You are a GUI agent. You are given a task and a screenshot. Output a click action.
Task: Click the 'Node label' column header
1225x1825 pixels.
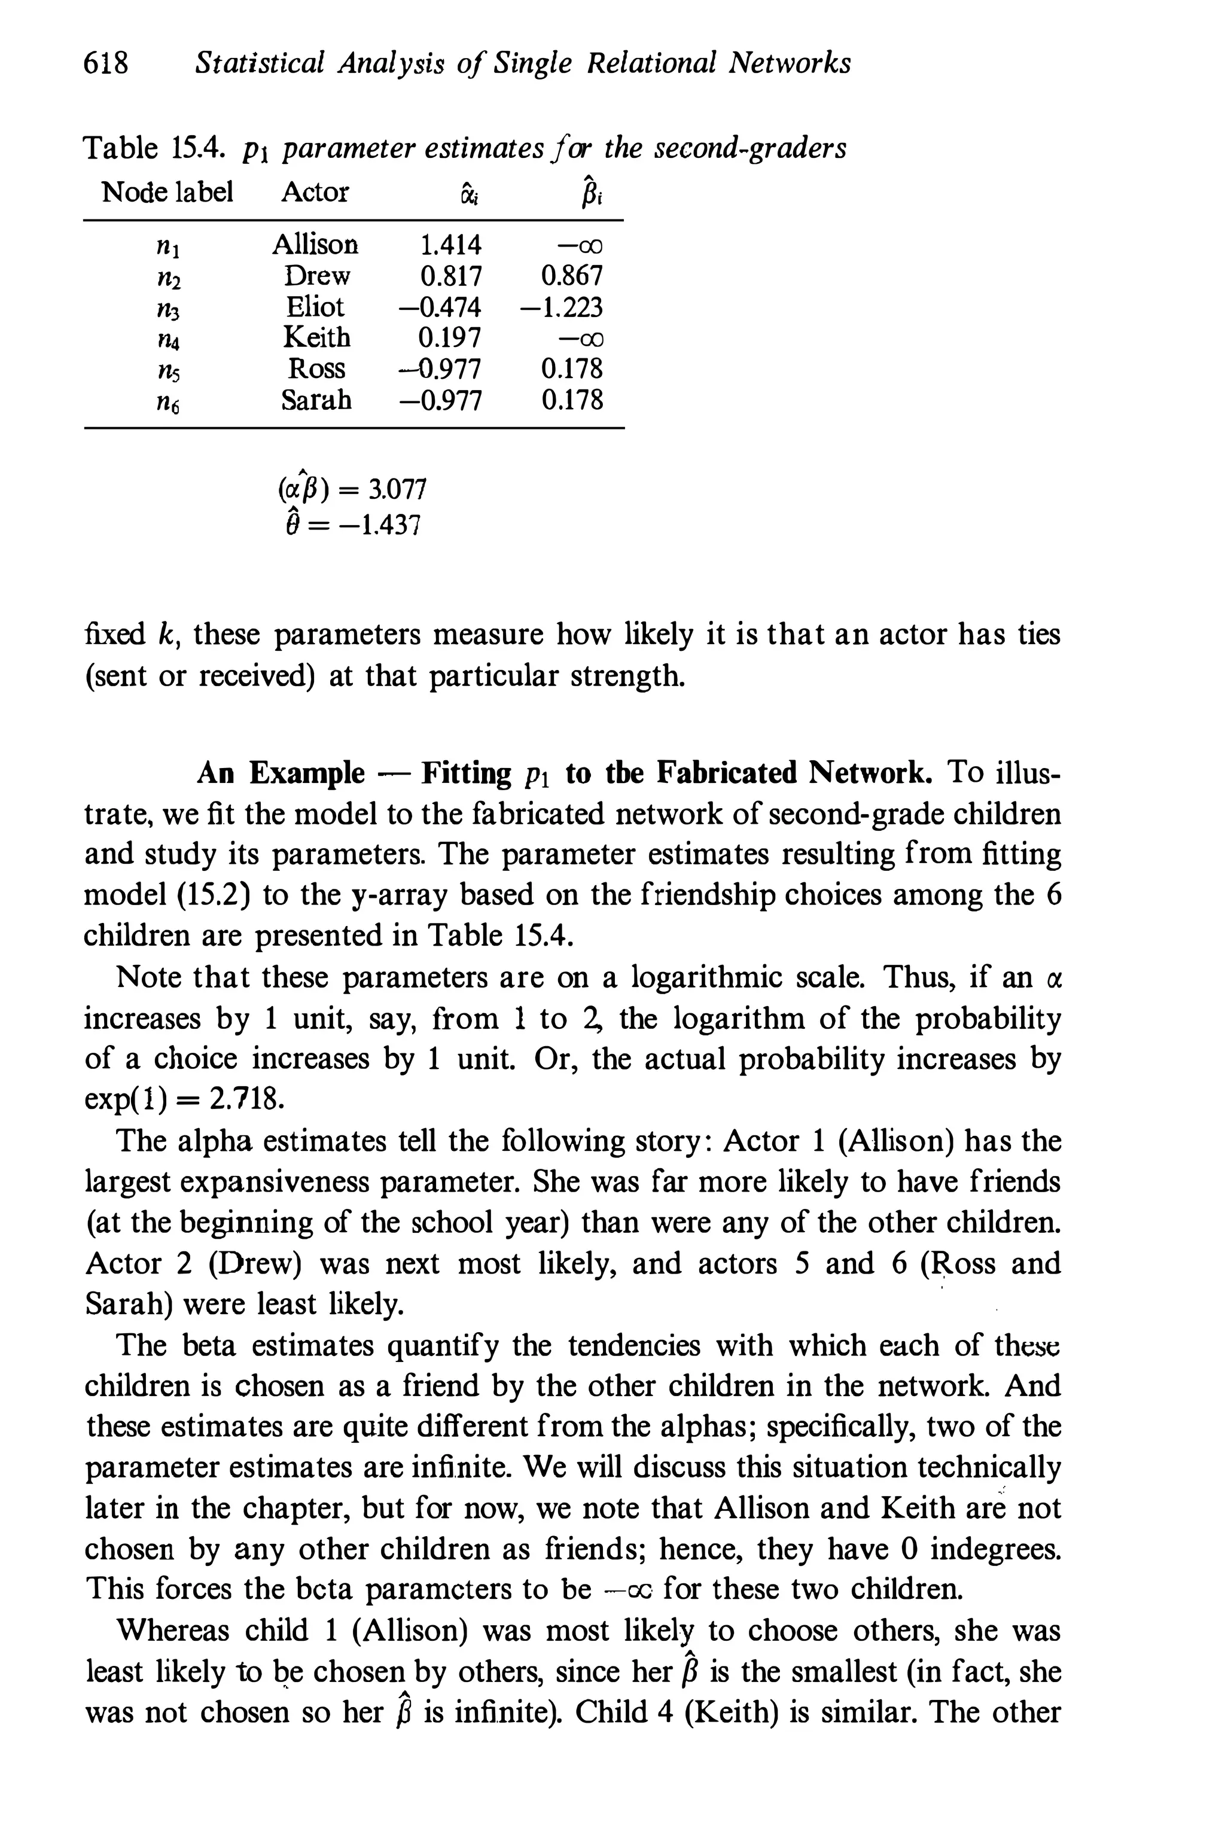(x=167, y=191)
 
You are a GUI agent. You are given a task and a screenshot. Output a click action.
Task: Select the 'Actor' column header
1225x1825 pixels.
(x=314, y=191)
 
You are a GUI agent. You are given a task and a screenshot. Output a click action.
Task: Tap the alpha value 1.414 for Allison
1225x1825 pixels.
(x=451, y=245)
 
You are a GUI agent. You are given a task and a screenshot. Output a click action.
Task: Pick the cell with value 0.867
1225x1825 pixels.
(x=572, y=276)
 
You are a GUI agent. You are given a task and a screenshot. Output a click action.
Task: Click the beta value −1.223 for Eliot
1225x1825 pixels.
(x=562, y=307)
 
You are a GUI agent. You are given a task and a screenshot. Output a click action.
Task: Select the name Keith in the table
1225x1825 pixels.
(x=316, y=337)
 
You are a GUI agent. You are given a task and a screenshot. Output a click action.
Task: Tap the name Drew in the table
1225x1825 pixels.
(x=317, y=276)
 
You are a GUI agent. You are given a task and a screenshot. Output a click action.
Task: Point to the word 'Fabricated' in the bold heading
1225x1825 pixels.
(x=727, y=773)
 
